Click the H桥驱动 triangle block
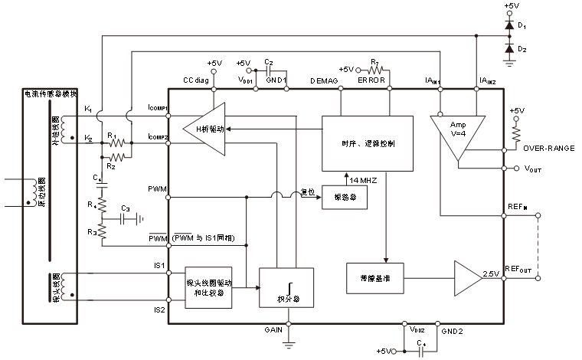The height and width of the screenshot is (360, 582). pos(205,129)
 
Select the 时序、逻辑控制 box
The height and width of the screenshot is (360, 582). pos(368,143)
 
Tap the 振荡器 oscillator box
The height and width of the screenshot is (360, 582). pos(344,198)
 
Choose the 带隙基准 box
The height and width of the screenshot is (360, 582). pos(374,277)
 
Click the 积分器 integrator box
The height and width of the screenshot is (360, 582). pos(286,288)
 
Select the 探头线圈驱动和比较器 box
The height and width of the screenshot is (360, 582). pos(208,288)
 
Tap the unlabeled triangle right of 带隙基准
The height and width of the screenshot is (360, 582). pos(466,278)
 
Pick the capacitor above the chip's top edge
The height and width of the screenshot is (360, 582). pos(268,71)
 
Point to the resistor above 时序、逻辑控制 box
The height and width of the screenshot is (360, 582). pos(373,71)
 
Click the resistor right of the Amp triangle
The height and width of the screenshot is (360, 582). pos(517,135)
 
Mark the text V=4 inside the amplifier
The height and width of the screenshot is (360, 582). pos(458,133)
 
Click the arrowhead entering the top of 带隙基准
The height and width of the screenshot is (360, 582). pos(386,260)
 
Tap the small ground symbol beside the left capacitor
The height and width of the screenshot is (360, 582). pos(141,219)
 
